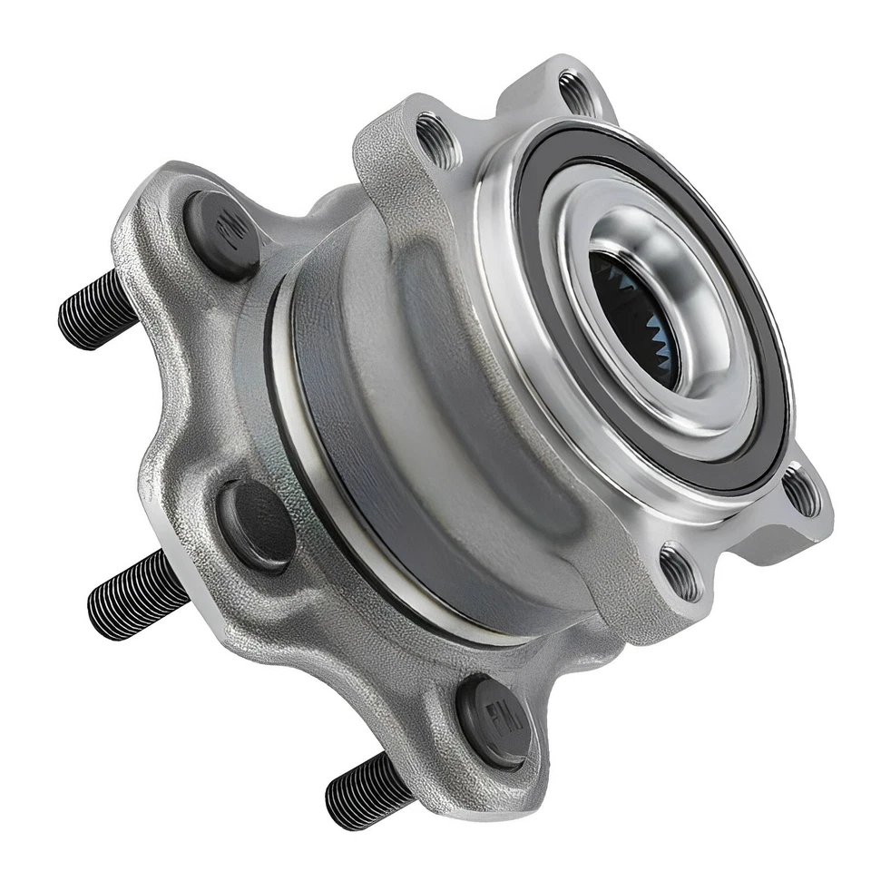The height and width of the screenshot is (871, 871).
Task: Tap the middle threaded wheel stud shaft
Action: click(136, 594)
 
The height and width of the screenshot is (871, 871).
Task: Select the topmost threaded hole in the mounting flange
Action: click(577, 91)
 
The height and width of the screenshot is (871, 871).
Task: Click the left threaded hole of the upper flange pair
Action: click(436, 141)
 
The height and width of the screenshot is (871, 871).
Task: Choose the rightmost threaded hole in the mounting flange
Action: click(800, 491)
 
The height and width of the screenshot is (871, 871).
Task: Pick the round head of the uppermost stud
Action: click(222, 231)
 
